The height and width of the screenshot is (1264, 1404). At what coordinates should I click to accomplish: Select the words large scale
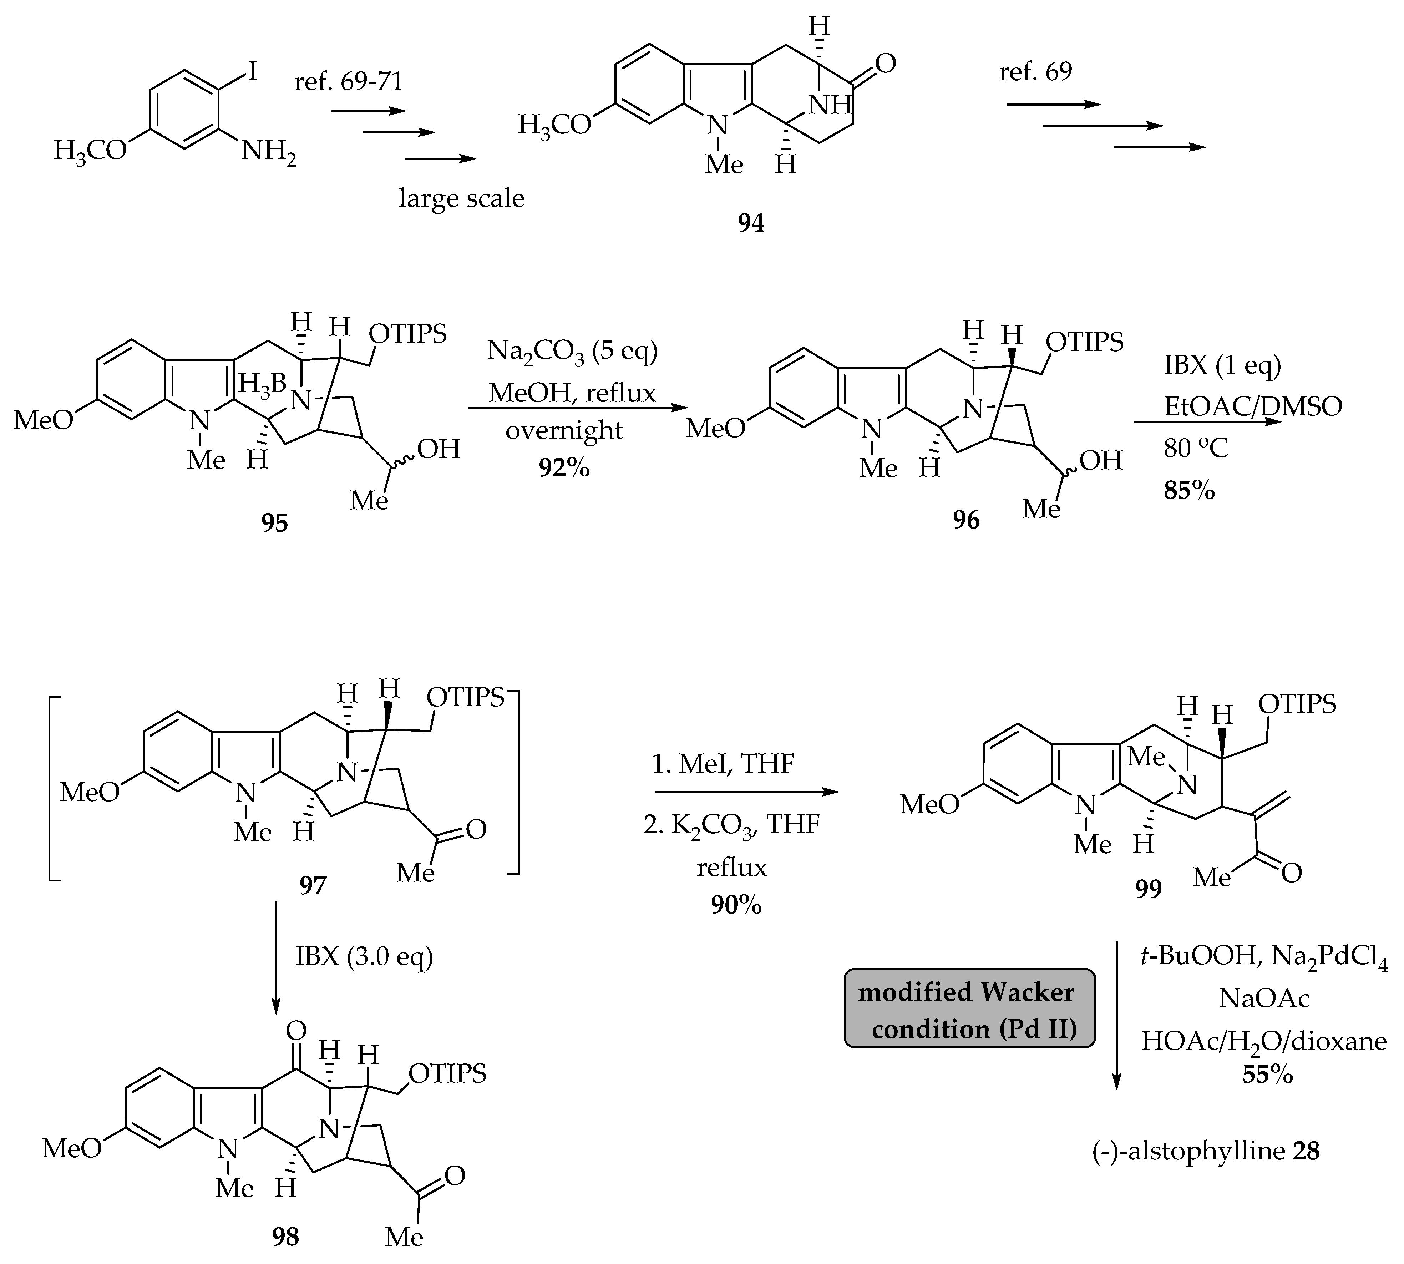point(461,199)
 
